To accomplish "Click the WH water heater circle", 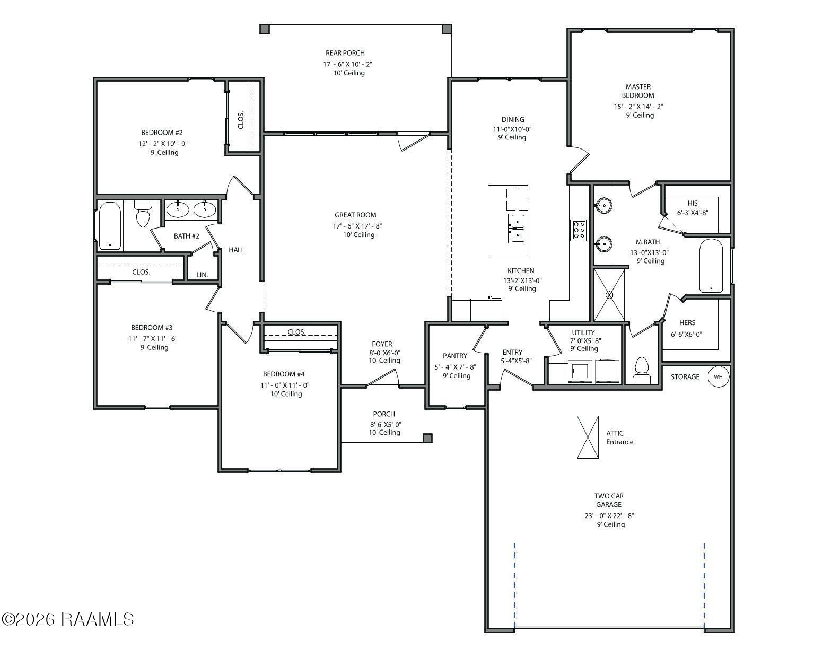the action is pos(718,376).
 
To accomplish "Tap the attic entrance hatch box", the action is pos(587,437).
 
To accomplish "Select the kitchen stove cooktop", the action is pos(578,230).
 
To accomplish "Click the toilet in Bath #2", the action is pos(143,214).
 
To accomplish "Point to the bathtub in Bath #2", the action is pos(110,226).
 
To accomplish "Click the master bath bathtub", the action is pos(711,266).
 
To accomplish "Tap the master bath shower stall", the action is pos(609,295).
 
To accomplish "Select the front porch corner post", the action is pos(427,438).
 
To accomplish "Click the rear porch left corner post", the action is pos(264,29).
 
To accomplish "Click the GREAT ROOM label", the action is pos(355,215).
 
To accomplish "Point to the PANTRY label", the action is pos(454,356).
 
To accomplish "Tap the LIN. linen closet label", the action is pos(202,275).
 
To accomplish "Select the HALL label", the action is pos(236,250).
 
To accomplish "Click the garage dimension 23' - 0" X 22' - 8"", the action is pos(609,515).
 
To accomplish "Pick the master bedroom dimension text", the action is pos(638,107).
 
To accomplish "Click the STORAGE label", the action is pos(685,377).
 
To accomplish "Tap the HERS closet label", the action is pos(687,323).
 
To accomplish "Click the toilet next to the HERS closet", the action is pos(641,370).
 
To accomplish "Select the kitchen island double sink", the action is pos(517,229).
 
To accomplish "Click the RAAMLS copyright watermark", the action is pos(68,619).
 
